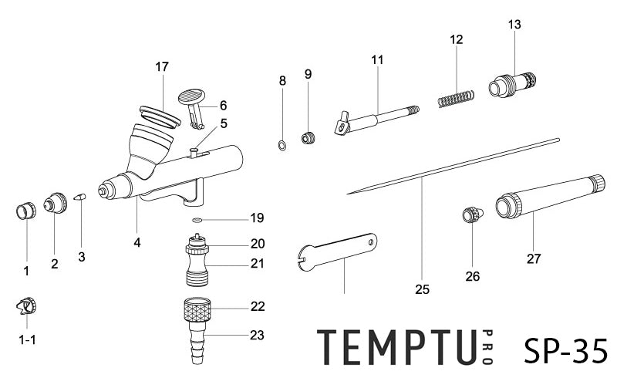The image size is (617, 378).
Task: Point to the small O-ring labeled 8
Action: [x=282, y=144]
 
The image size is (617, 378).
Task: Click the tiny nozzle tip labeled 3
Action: [x=80, y=197]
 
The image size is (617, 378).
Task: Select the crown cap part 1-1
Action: [x=25, y=308]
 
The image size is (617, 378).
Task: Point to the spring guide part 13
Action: [x=512, y=81]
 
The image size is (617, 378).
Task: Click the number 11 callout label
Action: [x=377, y=59]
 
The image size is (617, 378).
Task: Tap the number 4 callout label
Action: [x=137, y=242]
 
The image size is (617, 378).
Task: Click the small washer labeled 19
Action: [x=197, y=220]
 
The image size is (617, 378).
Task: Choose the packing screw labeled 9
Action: [x=308, y=139]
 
